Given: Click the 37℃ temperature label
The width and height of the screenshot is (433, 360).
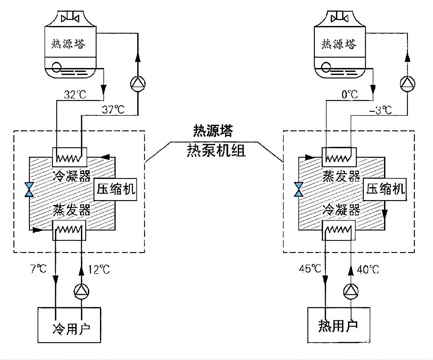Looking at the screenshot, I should click(x=113, y=110).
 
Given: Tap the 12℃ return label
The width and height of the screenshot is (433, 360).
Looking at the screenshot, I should click(x=99, y=269).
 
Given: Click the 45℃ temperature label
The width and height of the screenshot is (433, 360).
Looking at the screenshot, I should click(x=310, y=269).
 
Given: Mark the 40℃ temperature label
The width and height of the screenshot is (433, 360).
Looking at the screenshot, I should click(x=368, y=269).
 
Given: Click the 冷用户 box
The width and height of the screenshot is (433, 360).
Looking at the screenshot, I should click(x=69, y=325).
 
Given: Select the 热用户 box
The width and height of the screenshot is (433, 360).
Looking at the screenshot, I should click(x=338, y=325).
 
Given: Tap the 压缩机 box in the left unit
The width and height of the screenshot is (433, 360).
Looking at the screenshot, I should click(x=116, y=190).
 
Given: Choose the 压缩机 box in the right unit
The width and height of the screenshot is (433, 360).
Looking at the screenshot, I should click(x=386, y=190).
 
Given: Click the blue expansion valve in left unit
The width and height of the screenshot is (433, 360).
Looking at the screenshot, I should click(x=29, y=190).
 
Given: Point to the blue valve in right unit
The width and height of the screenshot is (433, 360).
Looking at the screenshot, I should click(x=298, y=190).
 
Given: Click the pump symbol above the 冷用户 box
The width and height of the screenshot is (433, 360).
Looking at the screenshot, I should click(x=81, y=293).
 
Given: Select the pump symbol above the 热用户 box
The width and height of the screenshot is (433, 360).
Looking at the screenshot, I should click(x=350, y=293).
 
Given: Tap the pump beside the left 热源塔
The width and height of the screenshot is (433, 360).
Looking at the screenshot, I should click(x=137, y=84).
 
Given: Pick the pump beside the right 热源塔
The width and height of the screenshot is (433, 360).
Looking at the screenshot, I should click(x=407, y=84).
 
